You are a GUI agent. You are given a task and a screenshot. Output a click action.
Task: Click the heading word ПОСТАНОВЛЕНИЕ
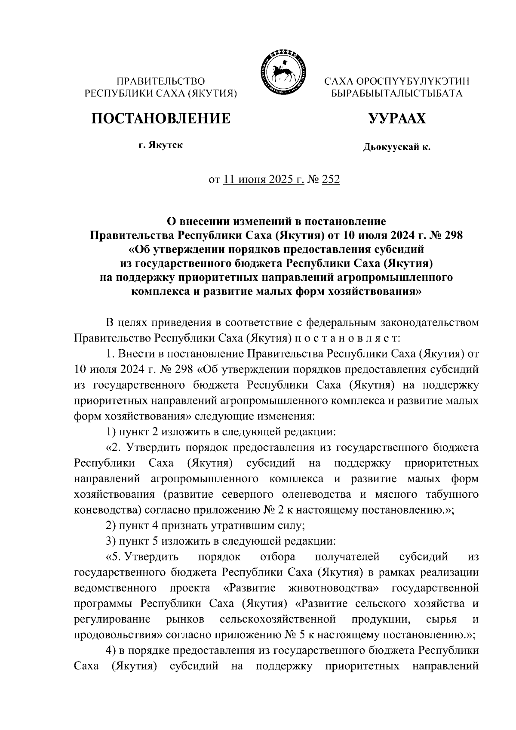(160, 118)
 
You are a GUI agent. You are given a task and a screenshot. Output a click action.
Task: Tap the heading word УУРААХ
(396, 118)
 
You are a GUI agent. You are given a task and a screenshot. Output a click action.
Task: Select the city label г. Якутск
(160, 145)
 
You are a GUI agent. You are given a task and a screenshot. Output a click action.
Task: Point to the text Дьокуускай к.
(396, 148)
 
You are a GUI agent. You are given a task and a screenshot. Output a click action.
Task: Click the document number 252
(331, 180)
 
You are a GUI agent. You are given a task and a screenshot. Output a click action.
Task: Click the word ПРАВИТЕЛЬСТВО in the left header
(161, 81)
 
